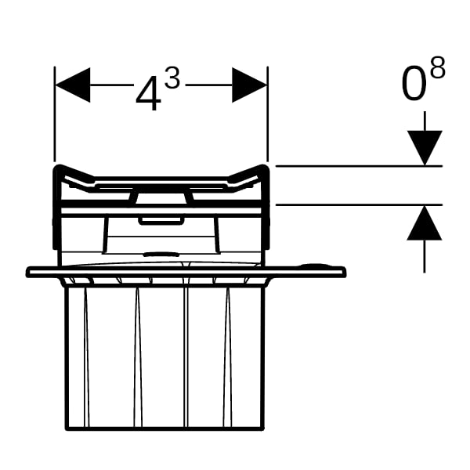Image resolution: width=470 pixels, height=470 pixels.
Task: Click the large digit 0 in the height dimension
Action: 414,86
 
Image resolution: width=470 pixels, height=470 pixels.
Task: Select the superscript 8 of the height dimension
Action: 437,69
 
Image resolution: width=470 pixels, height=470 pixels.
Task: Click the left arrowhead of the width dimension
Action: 72,85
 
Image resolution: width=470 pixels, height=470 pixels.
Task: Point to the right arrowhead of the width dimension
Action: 250,85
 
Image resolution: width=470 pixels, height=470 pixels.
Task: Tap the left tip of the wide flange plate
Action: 28,272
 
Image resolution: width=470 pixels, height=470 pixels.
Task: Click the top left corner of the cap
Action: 57,168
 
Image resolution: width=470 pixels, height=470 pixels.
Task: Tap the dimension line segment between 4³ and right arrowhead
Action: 210,85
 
